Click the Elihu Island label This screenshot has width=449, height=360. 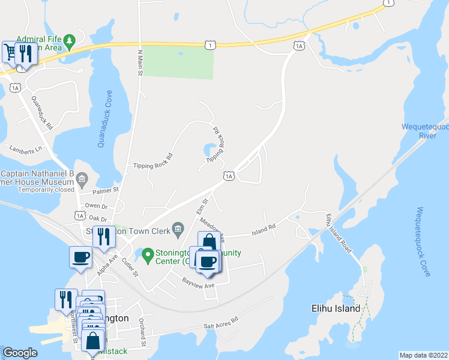(x=336, y=308)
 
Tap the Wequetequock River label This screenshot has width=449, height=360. (x=424, y=131)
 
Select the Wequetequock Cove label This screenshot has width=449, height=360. (x=424, y=242)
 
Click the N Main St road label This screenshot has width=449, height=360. (x=141, y=62)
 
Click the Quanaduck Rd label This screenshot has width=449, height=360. (x=42, y=114)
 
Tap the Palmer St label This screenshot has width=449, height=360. (x=106, y=191)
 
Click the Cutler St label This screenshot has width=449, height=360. (x=130, y=265)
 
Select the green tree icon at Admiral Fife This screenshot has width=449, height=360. (x=70, y=40)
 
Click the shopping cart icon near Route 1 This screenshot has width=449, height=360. (x=10, y=52)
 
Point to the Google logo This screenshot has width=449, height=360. (x=20, y=353)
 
